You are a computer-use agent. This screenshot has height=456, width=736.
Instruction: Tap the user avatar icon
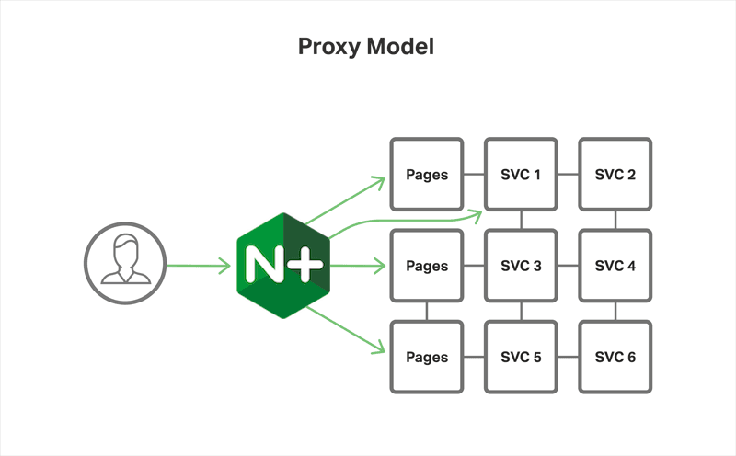point(124,260)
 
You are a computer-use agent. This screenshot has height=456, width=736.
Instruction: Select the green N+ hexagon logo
point(281,266)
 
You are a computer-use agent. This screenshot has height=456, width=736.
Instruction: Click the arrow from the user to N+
point(198,267)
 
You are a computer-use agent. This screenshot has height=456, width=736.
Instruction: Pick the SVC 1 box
point(521,175)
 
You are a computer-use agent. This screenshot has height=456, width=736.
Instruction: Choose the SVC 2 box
point(615,175)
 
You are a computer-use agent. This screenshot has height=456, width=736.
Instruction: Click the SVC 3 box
point(521,266)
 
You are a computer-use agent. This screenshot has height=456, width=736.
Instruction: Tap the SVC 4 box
point(615,266)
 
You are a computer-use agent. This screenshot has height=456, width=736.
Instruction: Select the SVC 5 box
point(521,357)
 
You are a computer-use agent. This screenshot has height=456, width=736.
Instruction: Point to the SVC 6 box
point(615,357)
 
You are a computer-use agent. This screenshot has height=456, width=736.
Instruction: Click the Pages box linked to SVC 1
point(427,175)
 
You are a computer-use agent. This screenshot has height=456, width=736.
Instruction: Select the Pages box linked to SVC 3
point(427,266)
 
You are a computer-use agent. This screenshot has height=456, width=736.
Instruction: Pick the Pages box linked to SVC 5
point(427,357)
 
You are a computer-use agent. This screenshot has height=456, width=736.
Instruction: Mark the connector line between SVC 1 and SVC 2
point(568,175)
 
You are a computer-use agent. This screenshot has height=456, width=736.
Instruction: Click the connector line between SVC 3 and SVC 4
point(568,266)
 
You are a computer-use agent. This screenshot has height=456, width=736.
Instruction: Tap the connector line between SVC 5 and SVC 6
point(568,357)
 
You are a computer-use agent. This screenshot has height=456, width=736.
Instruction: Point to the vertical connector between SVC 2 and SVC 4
point(615,220)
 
